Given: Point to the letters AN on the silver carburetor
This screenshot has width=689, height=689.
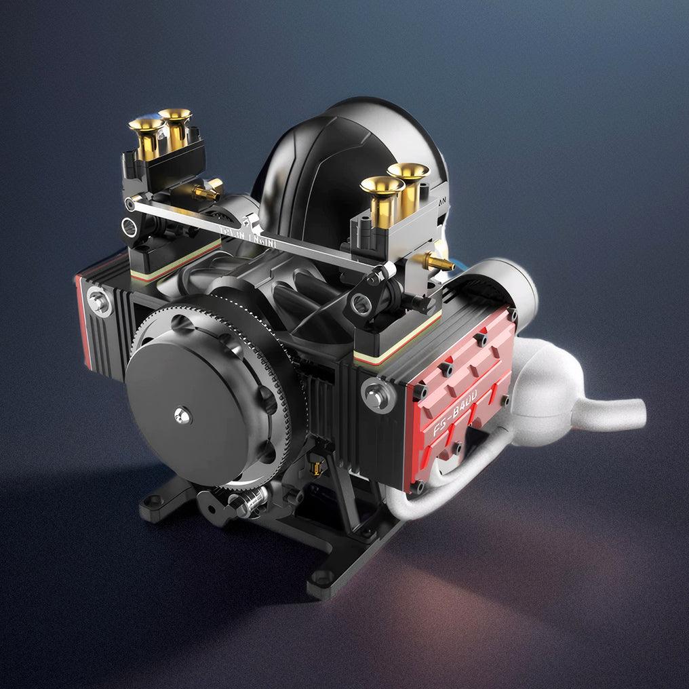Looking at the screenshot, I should (x=442, y=201).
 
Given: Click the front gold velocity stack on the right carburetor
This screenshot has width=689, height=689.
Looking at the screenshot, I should (x=381, y=188).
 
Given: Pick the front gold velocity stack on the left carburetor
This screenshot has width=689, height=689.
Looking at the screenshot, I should (x=146, y=127).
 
